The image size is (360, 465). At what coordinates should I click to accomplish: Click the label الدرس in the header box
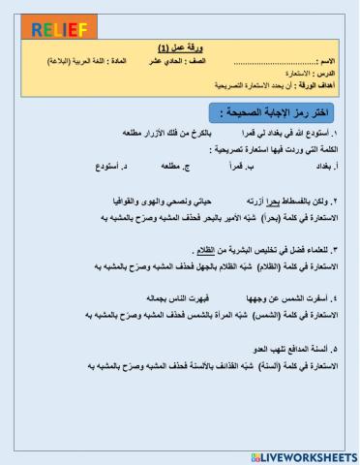[x=324, y=72]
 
